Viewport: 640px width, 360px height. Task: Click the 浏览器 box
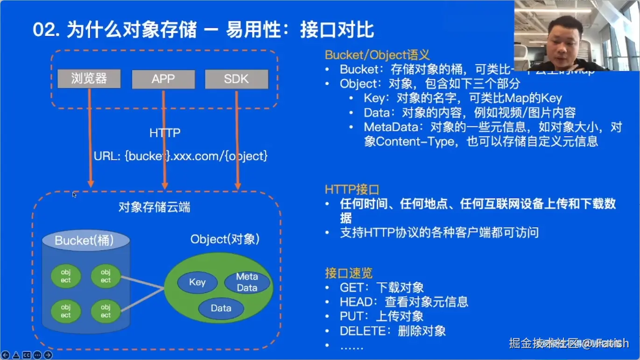pos(89,78)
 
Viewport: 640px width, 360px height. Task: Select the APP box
pos(163,79)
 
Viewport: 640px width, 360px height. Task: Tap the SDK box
pos(236,79)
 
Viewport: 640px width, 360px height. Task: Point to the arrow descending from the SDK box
pos(237,140)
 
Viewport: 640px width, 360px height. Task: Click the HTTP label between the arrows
pos(165,133)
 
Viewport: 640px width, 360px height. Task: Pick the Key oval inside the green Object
pos(197,282)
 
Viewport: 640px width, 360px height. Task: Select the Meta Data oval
pos(247,282)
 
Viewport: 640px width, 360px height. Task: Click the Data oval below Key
pos(221,308)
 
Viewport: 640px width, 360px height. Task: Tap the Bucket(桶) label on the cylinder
pos(84,240)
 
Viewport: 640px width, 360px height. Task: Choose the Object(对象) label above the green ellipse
pos(225,240)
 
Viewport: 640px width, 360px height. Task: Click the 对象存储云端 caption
pos(154,207)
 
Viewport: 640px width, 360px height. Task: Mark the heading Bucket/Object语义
pos(377,55)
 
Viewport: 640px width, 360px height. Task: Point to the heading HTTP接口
pos(352,190)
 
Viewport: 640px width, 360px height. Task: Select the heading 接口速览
pos(349,273)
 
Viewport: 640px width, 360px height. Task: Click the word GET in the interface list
pos(351,288)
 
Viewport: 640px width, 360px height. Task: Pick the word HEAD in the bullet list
pos(357,302)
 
